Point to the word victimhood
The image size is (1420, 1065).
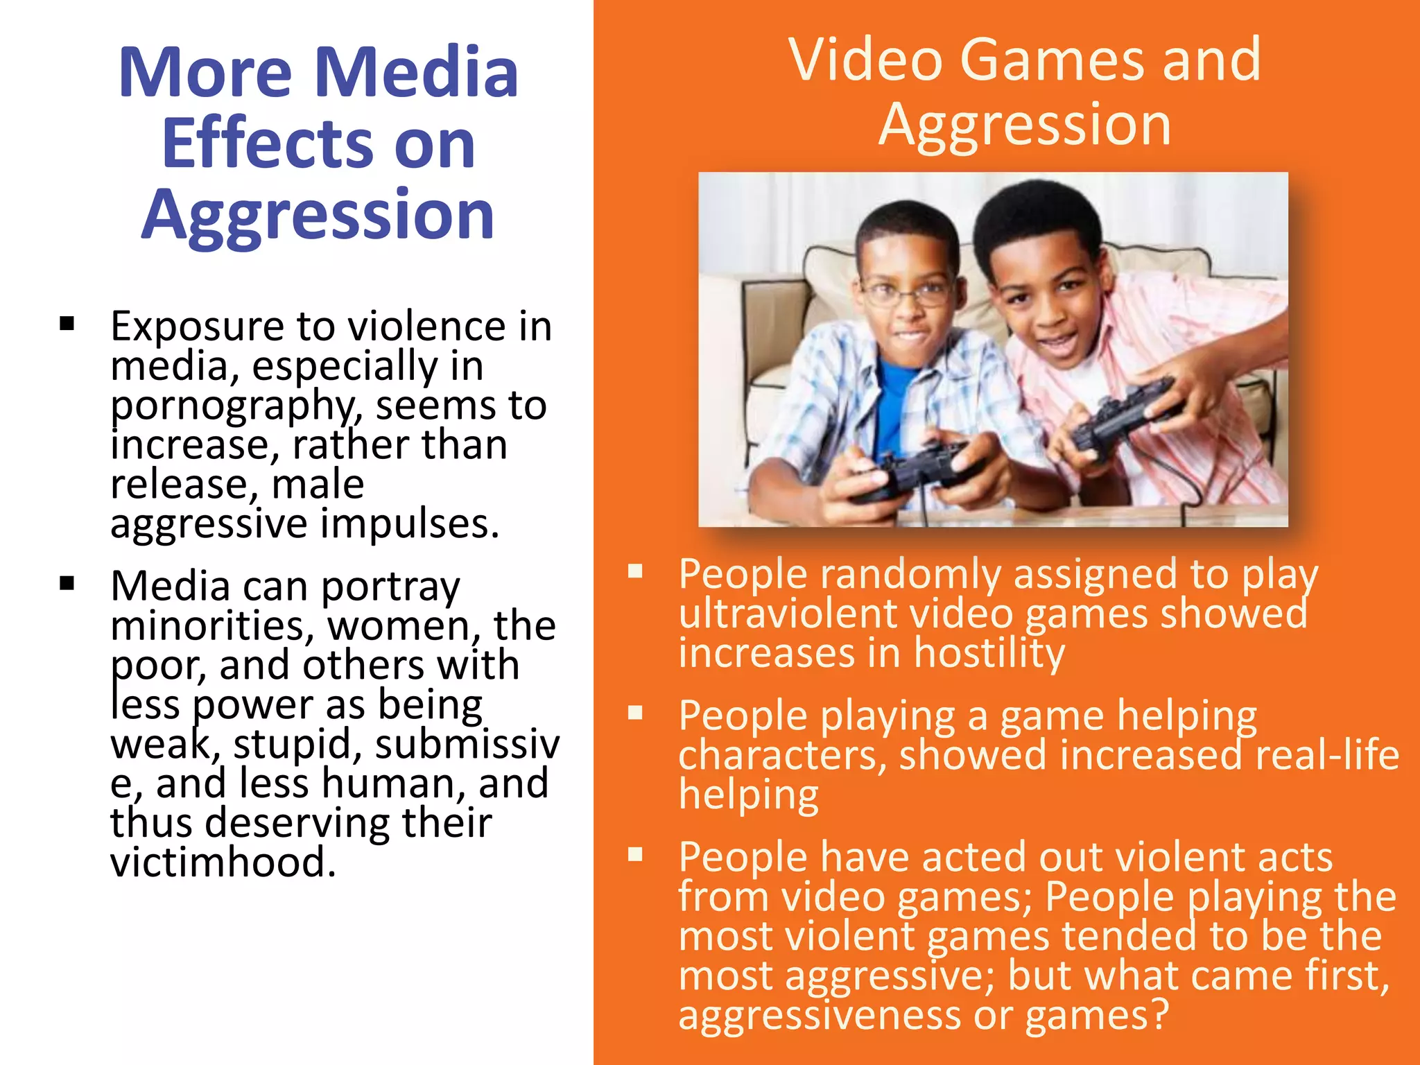tap(222, 863)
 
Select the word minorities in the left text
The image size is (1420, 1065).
tap(207, 625)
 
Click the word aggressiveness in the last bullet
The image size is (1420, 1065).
tap(818, 1015)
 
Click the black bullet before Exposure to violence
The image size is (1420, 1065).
tap(67, 324)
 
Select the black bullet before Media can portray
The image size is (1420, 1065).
tap(67, 582)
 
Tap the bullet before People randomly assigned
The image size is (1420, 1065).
tap(635, 571)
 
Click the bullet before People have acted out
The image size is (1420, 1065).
tap(635, 854)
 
